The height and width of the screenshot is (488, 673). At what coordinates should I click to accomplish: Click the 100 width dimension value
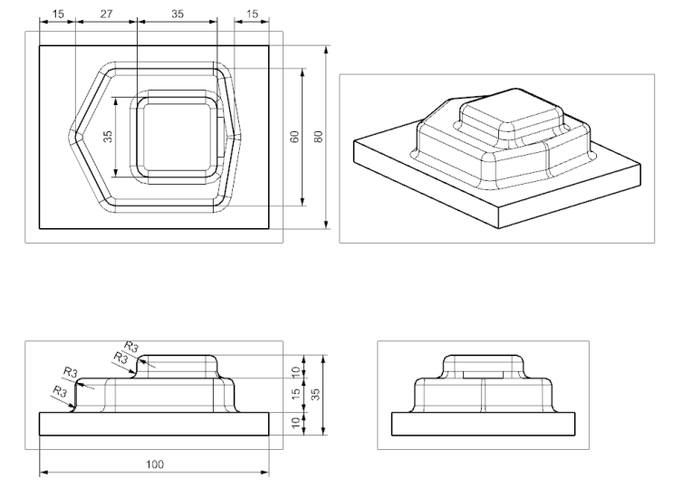(x=155, y=464)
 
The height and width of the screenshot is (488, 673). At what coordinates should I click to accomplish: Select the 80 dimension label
(x=318, y=136)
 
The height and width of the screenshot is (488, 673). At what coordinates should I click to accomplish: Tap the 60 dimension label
(x=294, y=136)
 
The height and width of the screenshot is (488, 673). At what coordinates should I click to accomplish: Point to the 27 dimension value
(x=105, y=14)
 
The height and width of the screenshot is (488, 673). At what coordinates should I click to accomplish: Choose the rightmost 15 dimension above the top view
(x=251, y=14)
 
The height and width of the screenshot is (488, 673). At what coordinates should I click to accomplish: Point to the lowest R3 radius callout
(x=59, y=391)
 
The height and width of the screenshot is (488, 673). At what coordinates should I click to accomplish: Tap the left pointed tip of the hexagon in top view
(x=75, y=132)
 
